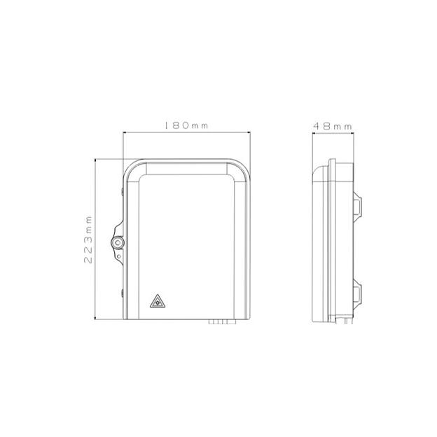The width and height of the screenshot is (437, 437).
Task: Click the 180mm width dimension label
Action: (x=186, y=125)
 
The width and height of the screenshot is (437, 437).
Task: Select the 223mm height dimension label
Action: (x=88, y=239)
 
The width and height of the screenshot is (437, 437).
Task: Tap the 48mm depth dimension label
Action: (x=333, y=125)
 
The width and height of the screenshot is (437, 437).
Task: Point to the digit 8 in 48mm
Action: (x=326, y=125)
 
